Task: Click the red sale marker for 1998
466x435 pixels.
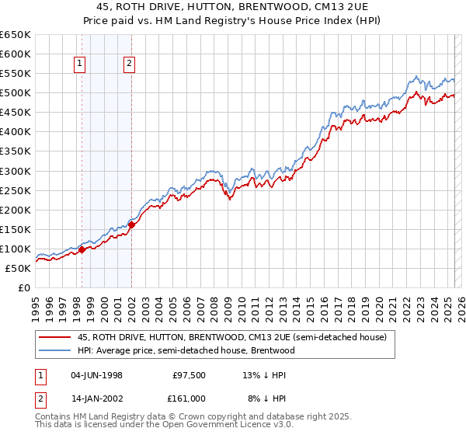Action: [x=82, y=249]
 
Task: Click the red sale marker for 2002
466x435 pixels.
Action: [x=131, y=225]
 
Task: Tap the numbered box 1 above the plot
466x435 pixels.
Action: [x=80, y=65]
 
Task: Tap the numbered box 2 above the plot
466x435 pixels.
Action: [x=129, y=65]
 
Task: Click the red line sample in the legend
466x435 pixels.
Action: [x=55, y=337]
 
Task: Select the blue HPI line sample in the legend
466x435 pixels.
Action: [x=55, y=350]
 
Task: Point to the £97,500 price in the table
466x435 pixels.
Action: [x=190, y=375]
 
